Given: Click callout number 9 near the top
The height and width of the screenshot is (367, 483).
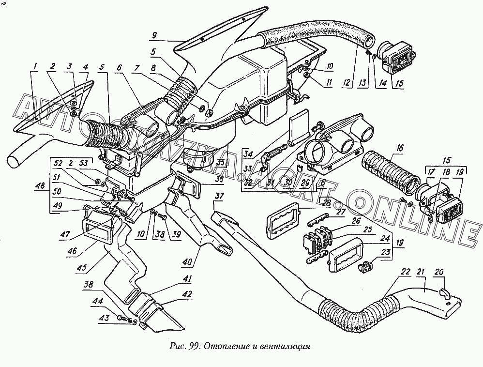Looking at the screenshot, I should [153, 35].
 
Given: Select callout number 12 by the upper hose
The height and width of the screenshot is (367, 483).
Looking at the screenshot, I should [345, 83].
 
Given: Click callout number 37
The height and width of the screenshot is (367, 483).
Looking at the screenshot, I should [219, 196].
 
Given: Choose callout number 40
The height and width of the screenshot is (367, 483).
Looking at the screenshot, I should [187, 262].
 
